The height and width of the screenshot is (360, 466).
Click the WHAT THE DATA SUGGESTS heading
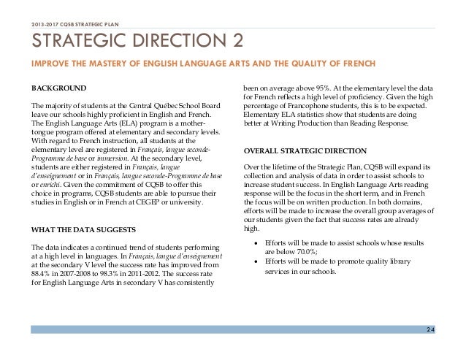(82, 230)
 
